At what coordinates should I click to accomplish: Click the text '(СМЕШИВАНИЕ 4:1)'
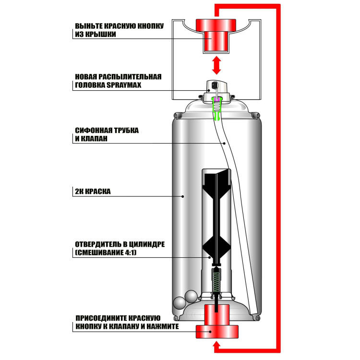pos(106,252)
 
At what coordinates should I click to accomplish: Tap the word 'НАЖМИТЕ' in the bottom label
pos(163,326)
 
